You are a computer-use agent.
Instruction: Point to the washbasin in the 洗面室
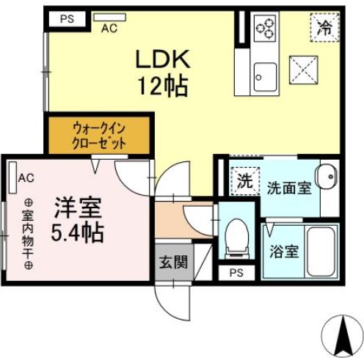point(326,177)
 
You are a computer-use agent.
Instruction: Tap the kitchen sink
point(264,75)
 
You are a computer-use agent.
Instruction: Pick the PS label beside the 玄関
point(236,273)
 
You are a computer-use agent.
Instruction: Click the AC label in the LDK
point(109,29)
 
